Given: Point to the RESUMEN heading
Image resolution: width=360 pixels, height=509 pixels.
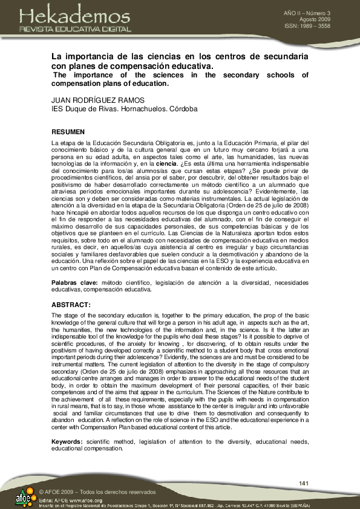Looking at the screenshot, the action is coord(68,131).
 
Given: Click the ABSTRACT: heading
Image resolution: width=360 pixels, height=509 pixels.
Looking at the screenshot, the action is coord(71,305).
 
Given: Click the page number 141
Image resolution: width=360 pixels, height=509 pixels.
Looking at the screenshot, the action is coord(304,482).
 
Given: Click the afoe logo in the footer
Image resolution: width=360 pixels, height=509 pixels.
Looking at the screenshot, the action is coord(24,498).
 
